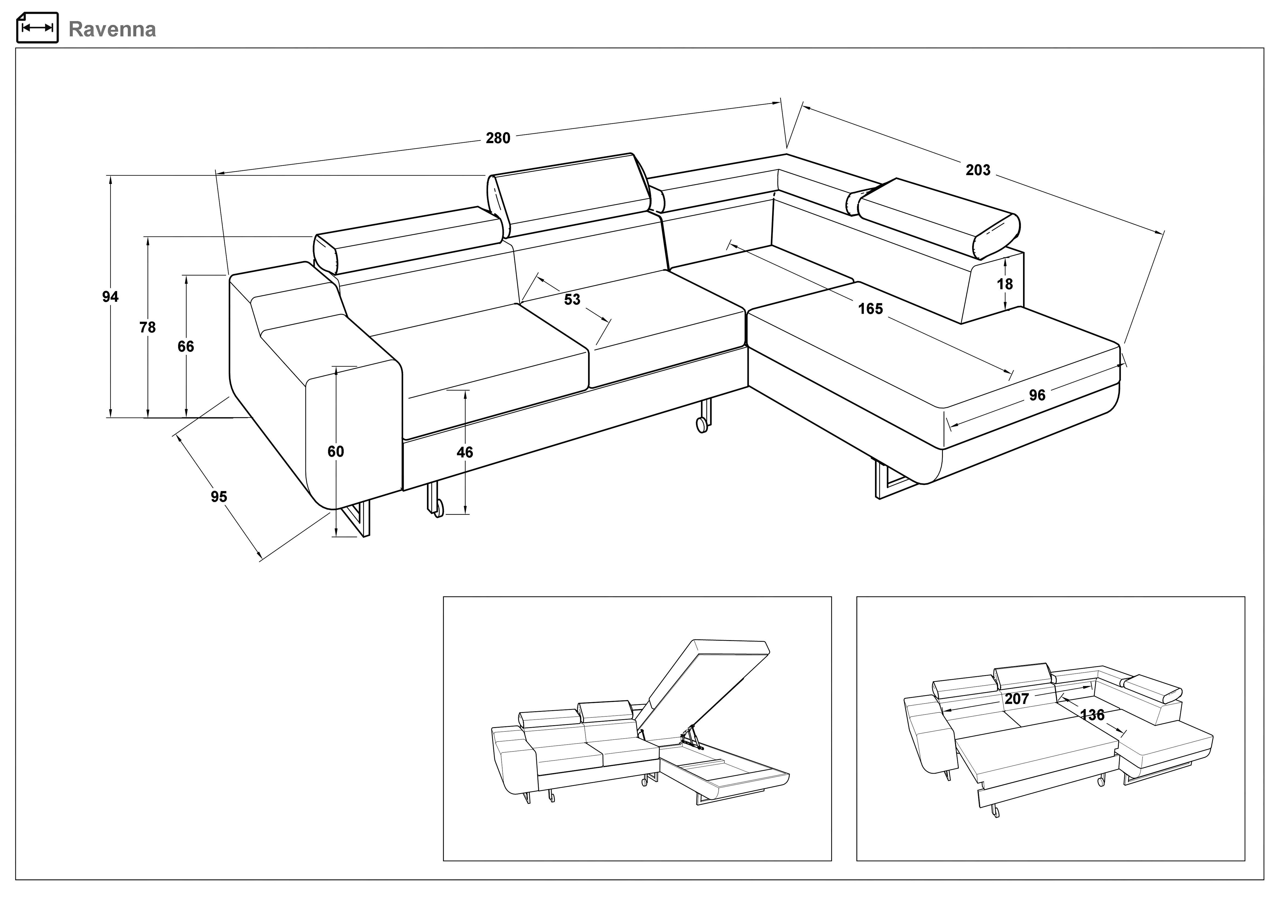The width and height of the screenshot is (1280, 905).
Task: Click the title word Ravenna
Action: click(112, 29)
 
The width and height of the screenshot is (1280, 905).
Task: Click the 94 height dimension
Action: click(110, 297)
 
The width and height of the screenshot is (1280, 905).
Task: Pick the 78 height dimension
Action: click(148, 327)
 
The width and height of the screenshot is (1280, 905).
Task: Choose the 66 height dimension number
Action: click(186, 346)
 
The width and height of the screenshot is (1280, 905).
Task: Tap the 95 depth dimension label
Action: click(219, 496)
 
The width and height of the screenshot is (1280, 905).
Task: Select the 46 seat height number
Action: click(465, 452)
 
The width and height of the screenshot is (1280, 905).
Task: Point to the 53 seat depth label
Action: click(572, 299)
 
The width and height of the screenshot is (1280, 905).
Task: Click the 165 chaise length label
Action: click(870, 309)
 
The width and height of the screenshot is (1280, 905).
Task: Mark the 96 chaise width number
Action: click(1037, 395)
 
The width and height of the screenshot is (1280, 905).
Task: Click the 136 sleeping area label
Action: click(1092, 715)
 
